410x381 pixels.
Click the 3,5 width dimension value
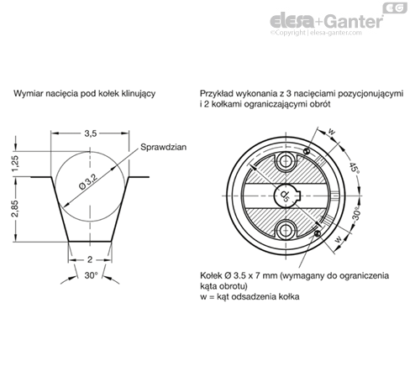pos(91,133)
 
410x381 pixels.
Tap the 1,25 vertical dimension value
pos(15,164)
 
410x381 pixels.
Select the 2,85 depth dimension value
pos(15,209)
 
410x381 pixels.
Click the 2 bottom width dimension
pos(90,260)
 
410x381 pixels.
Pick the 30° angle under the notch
pos(91,275)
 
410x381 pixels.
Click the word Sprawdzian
pos(163,147)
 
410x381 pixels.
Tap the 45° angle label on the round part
pos(354,168)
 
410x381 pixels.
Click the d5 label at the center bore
pos(285,196)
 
